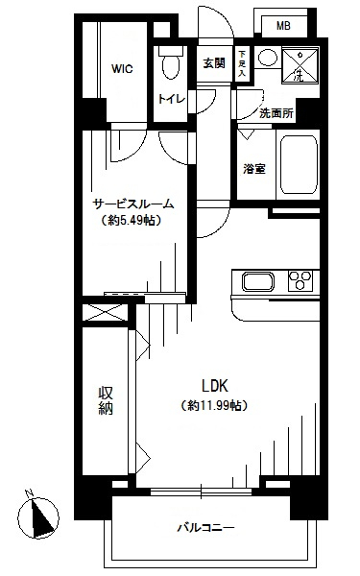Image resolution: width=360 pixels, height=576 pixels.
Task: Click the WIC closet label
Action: pyautogui.click(x=122, y=69)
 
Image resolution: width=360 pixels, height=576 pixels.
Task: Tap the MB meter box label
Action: pyautogui.click(x=283, y=26)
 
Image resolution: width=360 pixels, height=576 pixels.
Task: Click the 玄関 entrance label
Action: pyautogui.click(x=214, y=63)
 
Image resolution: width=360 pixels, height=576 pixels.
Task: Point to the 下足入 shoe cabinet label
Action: pyautogui.click(x=242, y=63)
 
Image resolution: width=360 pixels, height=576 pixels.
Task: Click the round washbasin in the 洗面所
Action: pyautogui.click(x=267, y=58)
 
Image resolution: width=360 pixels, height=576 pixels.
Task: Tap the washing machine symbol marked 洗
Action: pyautogui.click(x=300, y=65)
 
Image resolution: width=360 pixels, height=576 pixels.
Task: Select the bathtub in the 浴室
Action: pyautogui.click(x=299, y=165)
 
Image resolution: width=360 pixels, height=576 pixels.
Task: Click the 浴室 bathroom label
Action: pyautogui.click(x=254, y=169)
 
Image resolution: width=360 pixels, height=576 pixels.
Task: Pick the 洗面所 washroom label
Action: pyautogui.click(x=276, y=113)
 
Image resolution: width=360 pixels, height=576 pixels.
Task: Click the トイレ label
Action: pyautogui.click(x=172, y=99)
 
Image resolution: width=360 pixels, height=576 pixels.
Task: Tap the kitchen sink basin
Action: pyautogui.click(x=258, y=282)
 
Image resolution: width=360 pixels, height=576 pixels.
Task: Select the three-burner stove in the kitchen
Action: pyautogui.click(x=300, y=281)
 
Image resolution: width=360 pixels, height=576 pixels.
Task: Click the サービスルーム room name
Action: pyautogui.click(x=133, y=204)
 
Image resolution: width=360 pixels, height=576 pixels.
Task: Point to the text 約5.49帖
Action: pyautogui.click(x=132, y=221)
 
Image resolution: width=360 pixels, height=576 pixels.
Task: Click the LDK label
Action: pyautogui.click(x=215, y=386)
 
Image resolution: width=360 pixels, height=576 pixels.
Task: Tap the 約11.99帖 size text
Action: pyautogui.click(x=214, y=405)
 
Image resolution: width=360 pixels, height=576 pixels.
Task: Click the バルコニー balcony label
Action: pyautogui.click(x=206, y=528)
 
